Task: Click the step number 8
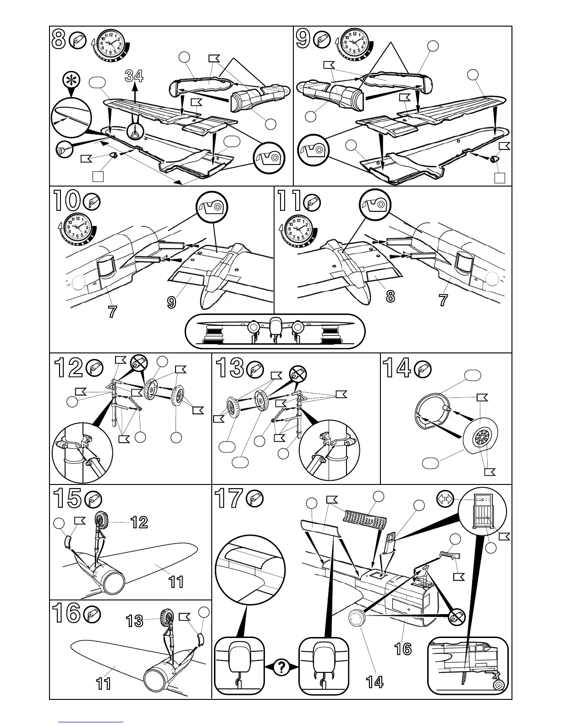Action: click(x=59, y=40)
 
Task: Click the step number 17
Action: click(x=228, y=499)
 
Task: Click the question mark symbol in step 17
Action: click(x=281, y=668)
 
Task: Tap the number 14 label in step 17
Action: click(x=375, y=682)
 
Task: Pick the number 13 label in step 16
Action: click(x=135, y=621)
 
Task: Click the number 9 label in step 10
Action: click(x=171, y=302)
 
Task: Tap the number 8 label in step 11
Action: click(x=390, y=297)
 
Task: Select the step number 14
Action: click(x=396, y=368)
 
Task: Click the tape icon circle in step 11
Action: click(x=375, y=203)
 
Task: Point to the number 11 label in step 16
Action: click(x=104, y=684)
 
